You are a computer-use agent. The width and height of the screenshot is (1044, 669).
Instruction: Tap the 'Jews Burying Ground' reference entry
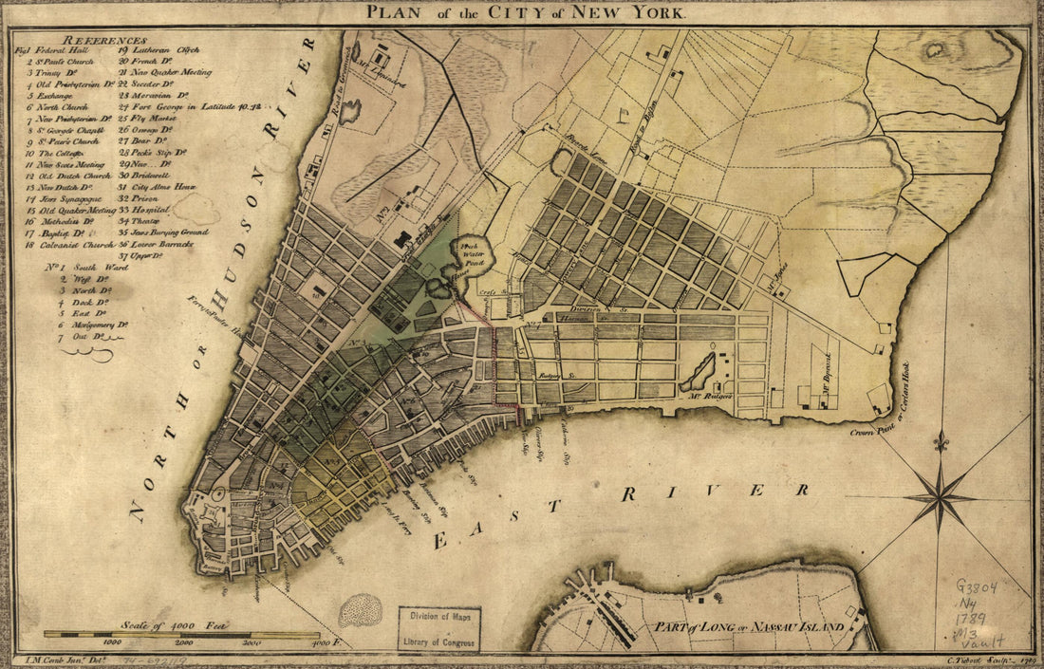click(x=162, y=232)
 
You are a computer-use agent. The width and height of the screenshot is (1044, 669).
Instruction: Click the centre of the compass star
click(x=939, y=496)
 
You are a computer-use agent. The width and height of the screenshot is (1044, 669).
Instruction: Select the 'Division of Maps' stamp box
click(x=439, y=629)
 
